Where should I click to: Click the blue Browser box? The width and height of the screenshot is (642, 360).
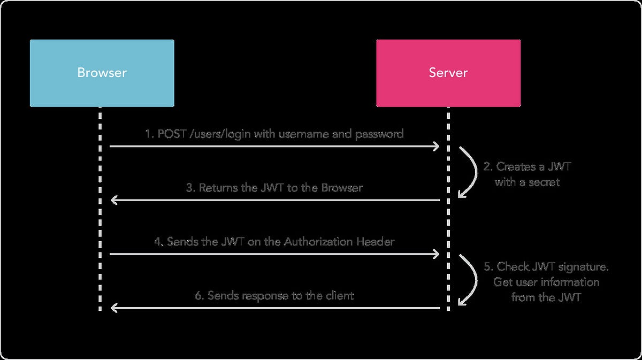click(102, 73)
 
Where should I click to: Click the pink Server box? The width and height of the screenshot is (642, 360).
click(448, 73)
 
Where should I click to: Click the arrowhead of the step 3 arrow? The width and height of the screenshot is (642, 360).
click(113, 201)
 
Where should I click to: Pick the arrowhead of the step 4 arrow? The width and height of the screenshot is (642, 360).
click(437, 254)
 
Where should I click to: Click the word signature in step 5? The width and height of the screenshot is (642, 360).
click(582, 266)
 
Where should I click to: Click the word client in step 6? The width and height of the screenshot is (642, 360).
click(338, 295)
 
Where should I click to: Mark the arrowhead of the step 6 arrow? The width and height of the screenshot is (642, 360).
click(113, 308)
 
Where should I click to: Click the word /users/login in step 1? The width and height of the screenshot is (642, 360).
click(219, 134)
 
